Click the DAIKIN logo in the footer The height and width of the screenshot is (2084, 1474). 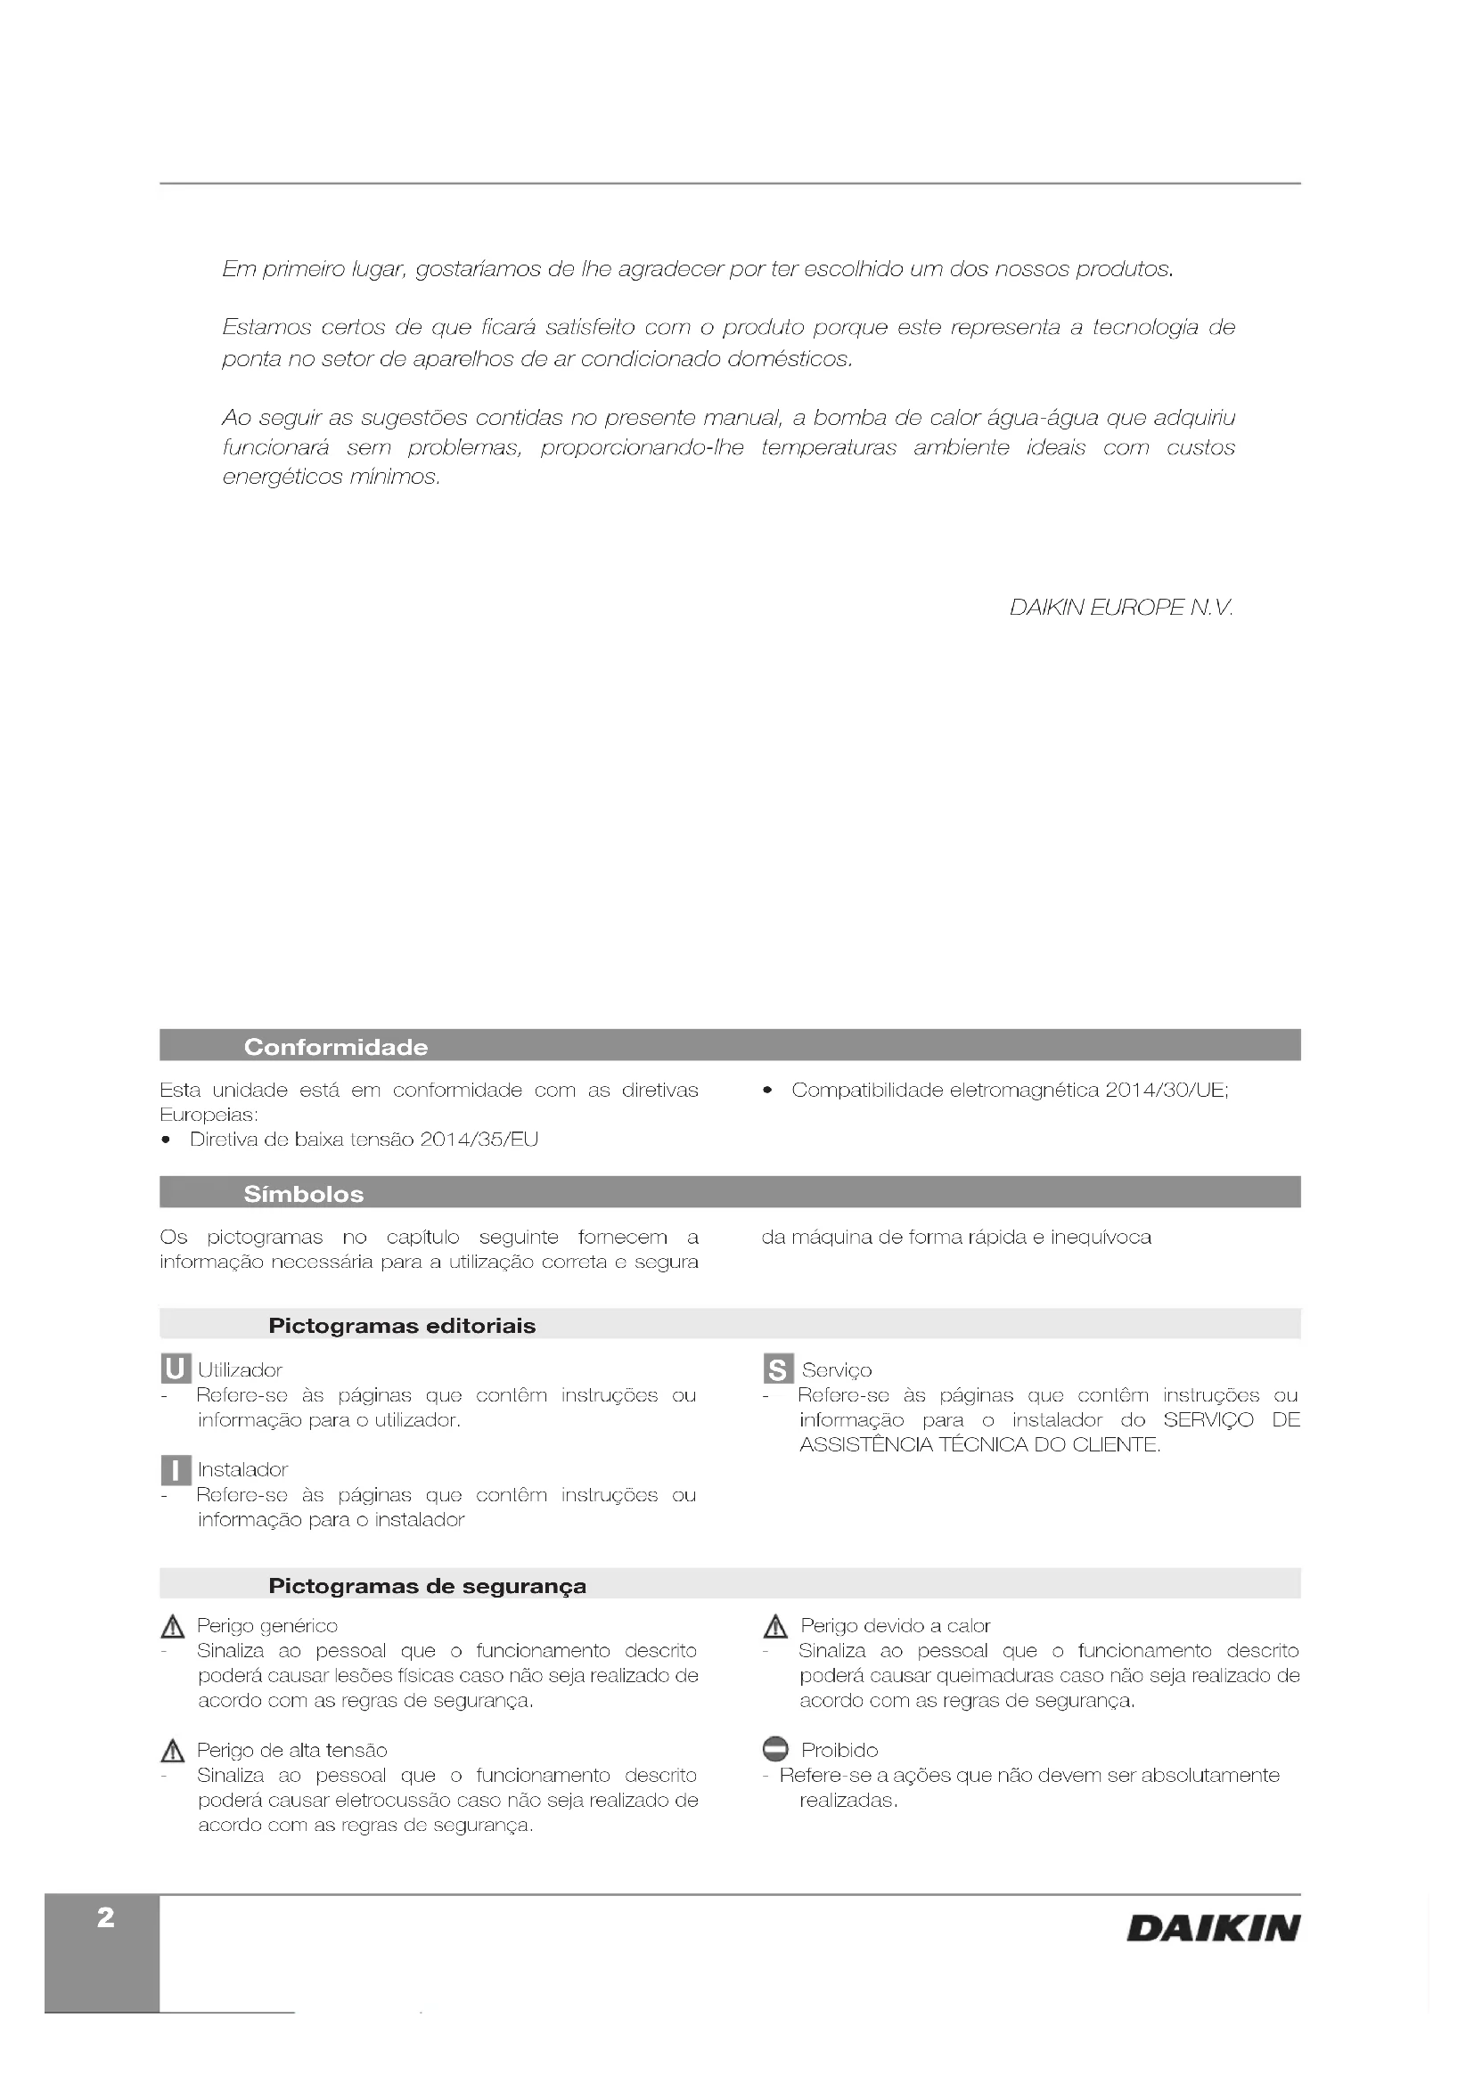click(x=1213, y=1929)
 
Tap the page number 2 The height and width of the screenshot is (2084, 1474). click(x=106, y=1917)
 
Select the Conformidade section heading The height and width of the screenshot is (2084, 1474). click(x=336, y=1047)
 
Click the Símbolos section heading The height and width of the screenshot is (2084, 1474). click(x=303, y=1194)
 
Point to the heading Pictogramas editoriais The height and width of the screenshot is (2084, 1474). click(x=402, y=1325)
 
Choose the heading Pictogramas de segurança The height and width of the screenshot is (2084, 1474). click(x=428, y=1586)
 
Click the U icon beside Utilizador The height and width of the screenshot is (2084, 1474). click(x=176, y=1369)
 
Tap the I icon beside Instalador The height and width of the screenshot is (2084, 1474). click(x=176, y=1469)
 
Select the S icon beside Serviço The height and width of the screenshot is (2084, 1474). click(x=778, y=1369)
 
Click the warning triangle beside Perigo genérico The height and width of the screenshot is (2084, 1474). click(x=171, y=1627)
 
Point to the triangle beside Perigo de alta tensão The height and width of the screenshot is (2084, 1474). click(x=171, y=1751)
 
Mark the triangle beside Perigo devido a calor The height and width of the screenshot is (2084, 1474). click(x=775, y=1627)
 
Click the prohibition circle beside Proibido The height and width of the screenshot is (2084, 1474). click(x=775, y=1749)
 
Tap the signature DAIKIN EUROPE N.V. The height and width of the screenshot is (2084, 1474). click(x=1121, y=608)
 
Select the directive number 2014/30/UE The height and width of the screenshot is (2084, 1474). click(x=1166, y=1090)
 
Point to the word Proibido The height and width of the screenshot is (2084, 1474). click(x=839, y=1750)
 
